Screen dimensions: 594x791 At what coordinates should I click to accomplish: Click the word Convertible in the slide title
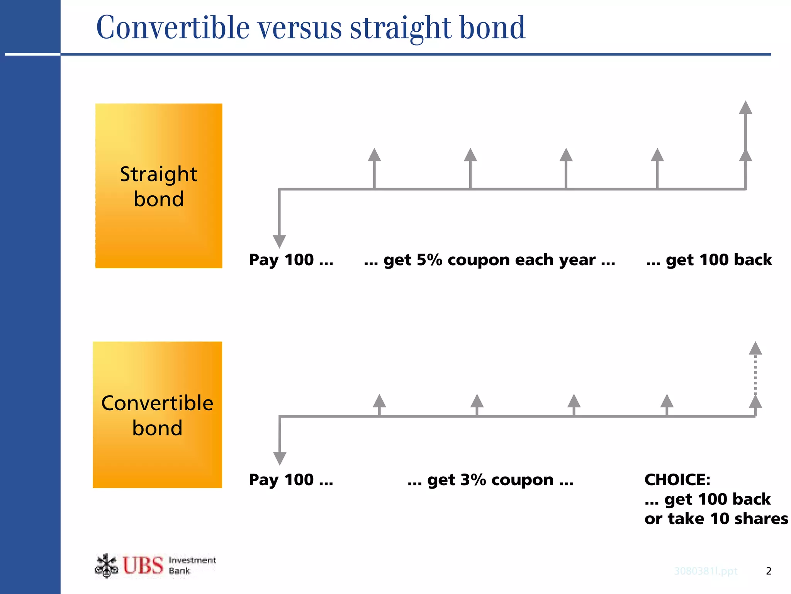173,28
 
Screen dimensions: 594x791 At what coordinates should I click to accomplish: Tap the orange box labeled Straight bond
159,186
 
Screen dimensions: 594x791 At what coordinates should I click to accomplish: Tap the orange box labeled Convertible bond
157,415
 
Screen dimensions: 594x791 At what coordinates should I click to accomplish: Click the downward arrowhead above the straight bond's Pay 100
279,241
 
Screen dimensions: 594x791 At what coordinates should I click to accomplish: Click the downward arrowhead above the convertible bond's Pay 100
280,459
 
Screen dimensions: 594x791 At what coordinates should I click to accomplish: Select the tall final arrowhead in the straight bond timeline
745,108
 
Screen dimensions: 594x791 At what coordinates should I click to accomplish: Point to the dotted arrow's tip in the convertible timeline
755,348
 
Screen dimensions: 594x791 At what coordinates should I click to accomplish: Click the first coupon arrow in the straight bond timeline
374,156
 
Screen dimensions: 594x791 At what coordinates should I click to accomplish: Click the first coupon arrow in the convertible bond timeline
379,401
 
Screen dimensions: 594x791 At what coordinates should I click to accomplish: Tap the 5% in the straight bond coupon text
429,260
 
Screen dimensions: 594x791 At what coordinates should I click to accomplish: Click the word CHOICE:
677,480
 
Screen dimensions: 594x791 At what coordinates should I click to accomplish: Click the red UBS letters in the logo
143,565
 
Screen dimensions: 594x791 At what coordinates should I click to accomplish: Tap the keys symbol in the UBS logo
106,566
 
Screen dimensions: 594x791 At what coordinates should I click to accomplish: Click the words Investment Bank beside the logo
192,565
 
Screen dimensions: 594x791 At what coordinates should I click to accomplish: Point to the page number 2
768,571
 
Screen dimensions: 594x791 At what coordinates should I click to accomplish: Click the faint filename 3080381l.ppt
706,571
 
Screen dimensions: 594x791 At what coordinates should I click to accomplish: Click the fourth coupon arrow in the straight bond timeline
657,156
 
